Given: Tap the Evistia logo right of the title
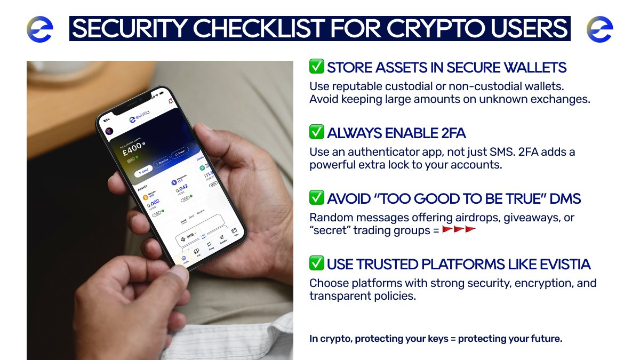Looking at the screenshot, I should pos(600,29).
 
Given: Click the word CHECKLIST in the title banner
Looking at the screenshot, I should pos(255,29).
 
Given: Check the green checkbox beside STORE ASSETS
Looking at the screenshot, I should pos(317,67).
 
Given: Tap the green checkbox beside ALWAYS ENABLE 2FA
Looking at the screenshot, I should pos(317,132).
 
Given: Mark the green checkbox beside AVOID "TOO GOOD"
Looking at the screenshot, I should pos(317,198).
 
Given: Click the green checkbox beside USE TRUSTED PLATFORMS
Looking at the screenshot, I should pos(317,263).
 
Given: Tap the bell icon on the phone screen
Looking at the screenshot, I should pos(170,101).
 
